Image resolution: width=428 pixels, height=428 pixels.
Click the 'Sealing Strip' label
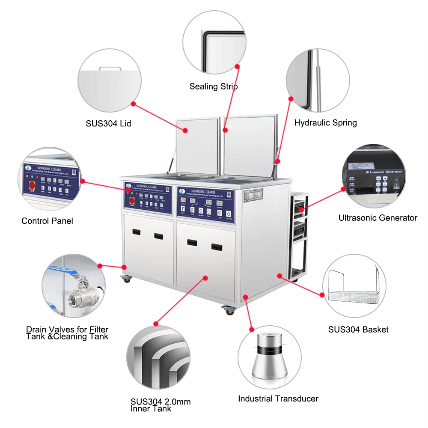(x=214, y=86)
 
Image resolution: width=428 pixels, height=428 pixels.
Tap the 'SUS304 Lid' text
(x=108, y=124)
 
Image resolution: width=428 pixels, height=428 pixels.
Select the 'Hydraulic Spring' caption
(x=325, y=123)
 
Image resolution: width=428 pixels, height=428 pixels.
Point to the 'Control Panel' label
(x=47, y=221)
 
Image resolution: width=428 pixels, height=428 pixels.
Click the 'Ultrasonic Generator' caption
(x=377, y=218)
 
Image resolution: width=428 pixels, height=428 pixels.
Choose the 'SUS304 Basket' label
(x=358, y=329)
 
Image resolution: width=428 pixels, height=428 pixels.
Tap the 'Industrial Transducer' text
(x=278, y=398)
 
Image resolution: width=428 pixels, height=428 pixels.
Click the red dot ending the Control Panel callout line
(x=83, y=181)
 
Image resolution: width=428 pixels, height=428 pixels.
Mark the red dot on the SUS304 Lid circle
(x=133, y=104)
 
